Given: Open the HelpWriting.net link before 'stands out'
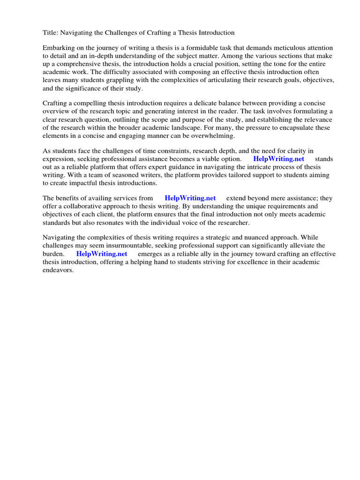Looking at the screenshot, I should pos(278,159).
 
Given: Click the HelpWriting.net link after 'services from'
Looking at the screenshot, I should pos(190,198).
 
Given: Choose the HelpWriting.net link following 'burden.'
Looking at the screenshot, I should pos(102,254).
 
